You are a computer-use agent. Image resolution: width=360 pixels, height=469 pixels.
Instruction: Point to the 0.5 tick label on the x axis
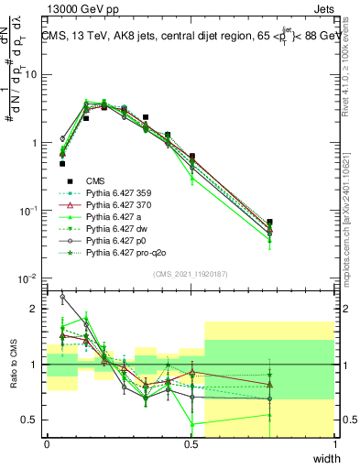pyautogui.click(x=191, y=444)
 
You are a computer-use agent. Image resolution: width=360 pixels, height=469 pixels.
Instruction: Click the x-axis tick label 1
pyautogui.click(x=334, y=444)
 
